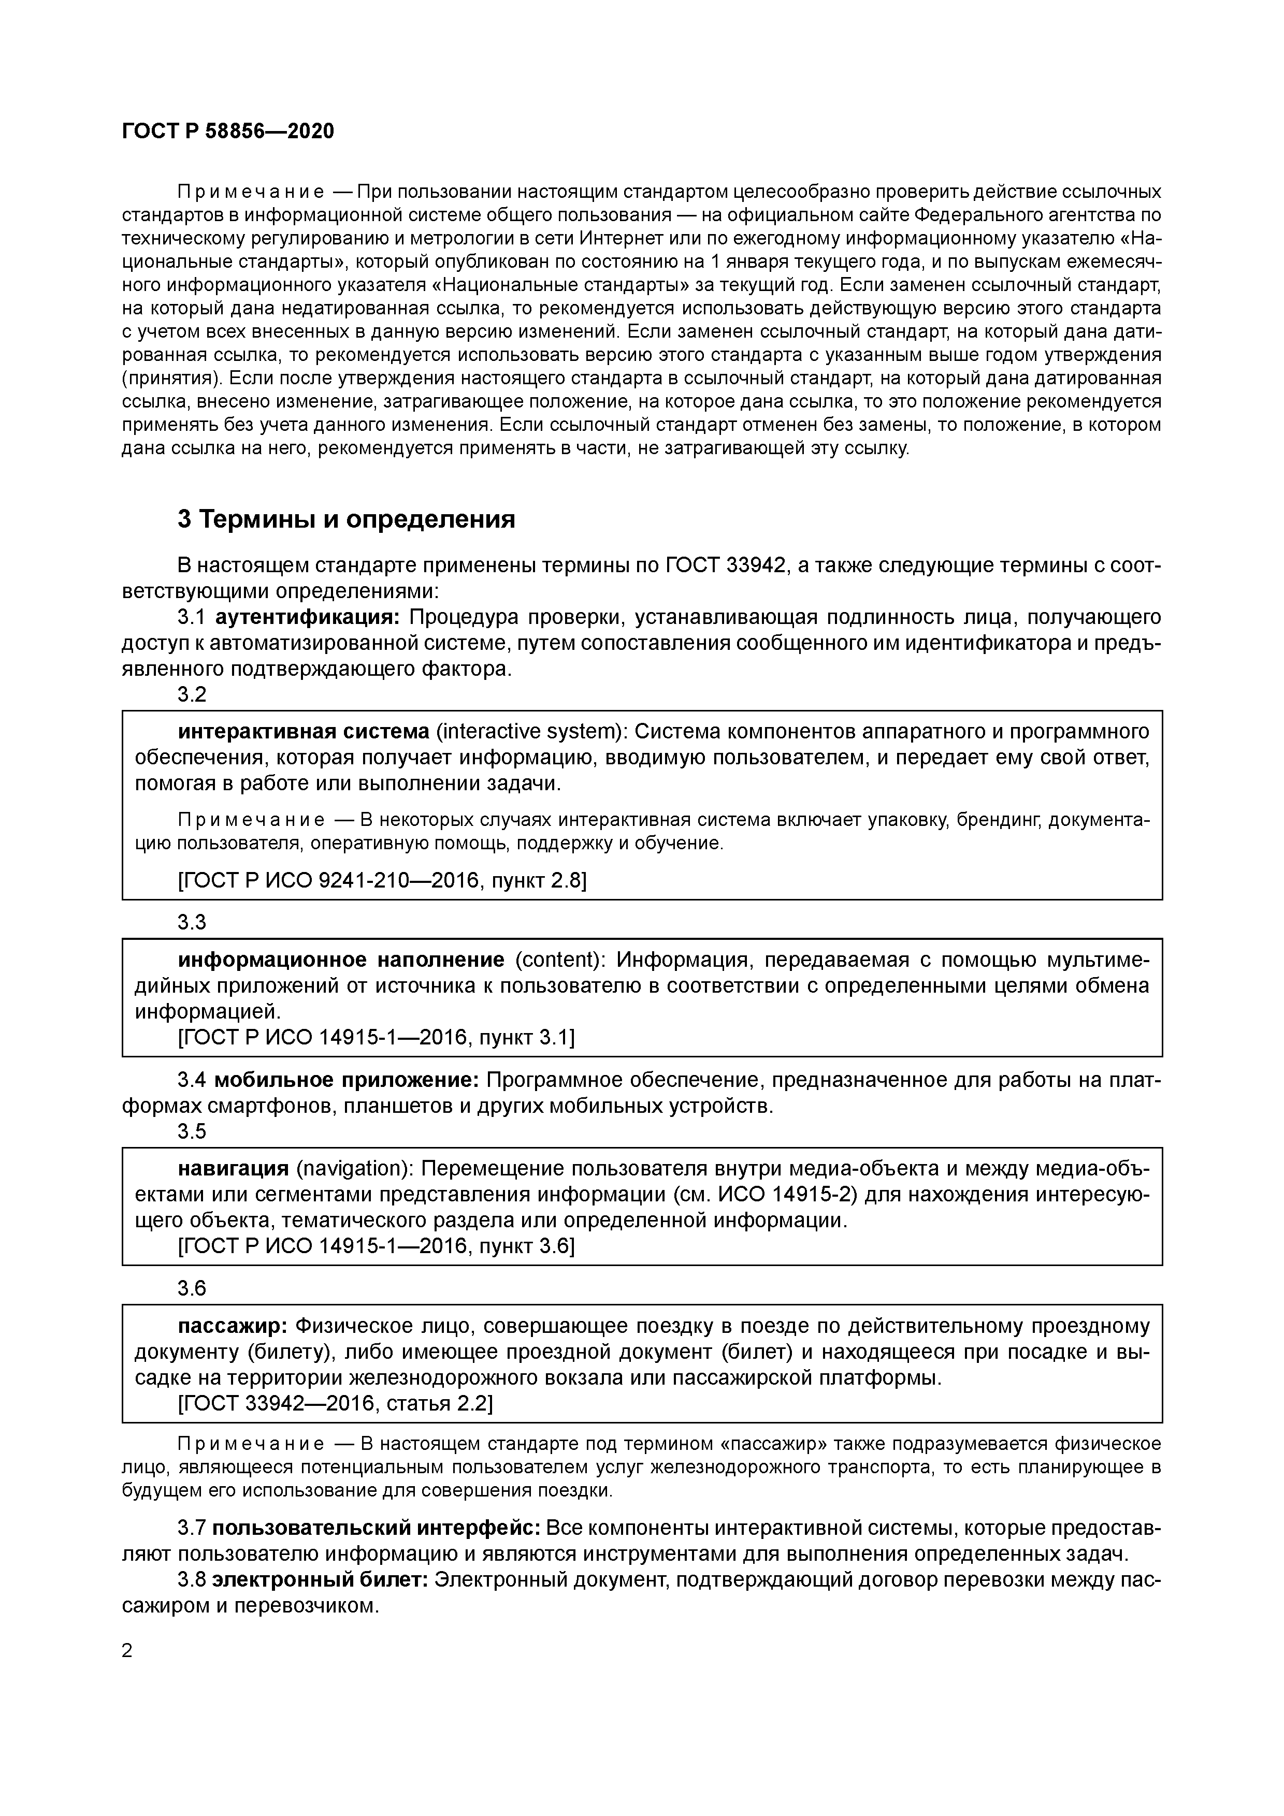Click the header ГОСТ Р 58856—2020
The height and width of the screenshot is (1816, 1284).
pos(228,132)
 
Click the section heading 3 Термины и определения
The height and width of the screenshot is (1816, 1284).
pos(345,520)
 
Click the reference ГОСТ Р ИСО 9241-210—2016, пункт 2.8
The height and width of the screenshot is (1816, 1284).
pos(382,880)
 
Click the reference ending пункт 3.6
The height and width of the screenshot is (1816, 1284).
pos(376,1246)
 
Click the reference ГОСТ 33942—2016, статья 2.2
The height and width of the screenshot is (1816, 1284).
pos(336,1404)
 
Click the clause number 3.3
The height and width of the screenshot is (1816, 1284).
pos(192,922)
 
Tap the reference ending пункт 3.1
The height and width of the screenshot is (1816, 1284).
pos(376,1037)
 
